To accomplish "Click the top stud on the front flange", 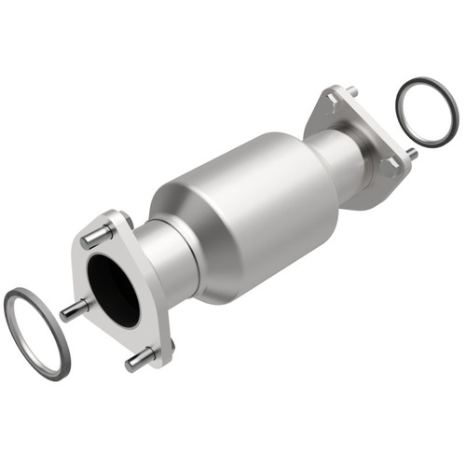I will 96,236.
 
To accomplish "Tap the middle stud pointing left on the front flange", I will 74,310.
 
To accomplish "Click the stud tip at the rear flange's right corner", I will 411,152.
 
